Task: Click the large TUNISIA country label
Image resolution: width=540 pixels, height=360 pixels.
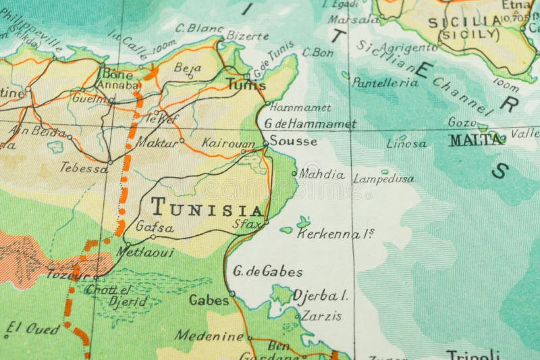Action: click(207, 207)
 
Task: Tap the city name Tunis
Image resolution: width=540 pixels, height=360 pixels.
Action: click(246, 86)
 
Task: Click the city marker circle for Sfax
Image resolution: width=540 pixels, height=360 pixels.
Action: click(266, 222)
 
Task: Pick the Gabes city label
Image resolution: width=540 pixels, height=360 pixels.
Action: click(209, 299)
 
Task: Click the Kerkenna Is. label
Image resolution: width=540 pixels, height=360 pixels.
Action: click(335, 233)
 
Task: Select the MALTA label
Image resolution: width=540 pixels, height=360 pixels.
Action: click(477, 140)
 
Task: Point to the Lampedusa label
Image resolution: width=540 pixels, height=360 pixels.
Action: click(383, 179)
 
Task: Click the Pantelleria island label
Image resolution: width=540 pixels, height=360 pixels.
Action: click(385, 82)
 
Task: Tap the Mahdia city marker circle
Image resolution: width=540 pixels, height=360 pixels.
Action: click(294, 174)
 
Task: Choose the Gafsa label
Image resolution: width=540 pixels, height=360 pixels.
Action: click(155, 227)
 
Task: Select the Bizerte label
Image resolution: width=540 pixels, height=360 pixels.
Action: click(248, 35)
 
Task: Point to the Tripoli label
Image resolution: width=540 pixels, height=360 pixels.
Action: click(473, 354)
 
